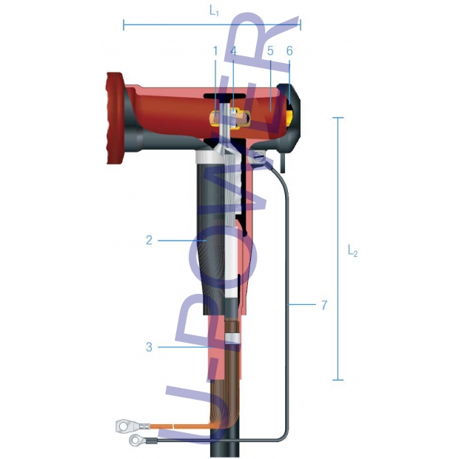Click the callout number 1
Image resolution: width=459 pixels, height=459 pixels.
coord(215,51)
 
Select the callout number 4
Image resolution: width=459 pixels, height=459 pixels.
coord(233,51)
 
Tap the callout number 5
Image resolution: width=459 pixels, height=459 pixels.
coord(270,51)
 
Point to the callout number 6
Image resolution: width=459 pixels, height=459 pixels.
coord(289,51)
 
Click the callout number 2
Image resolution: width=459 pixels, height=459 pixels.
coord(150,241)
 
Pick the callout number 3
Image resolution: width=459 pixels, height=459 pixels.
coord(150,347)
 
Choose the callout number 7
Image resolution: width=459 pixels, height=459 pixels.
coord(324,305)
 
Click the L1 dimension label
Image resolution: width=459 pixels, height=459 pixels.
coord(214,11)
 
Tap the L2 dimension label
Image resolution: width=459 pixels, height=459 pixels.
coord(352,251)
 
